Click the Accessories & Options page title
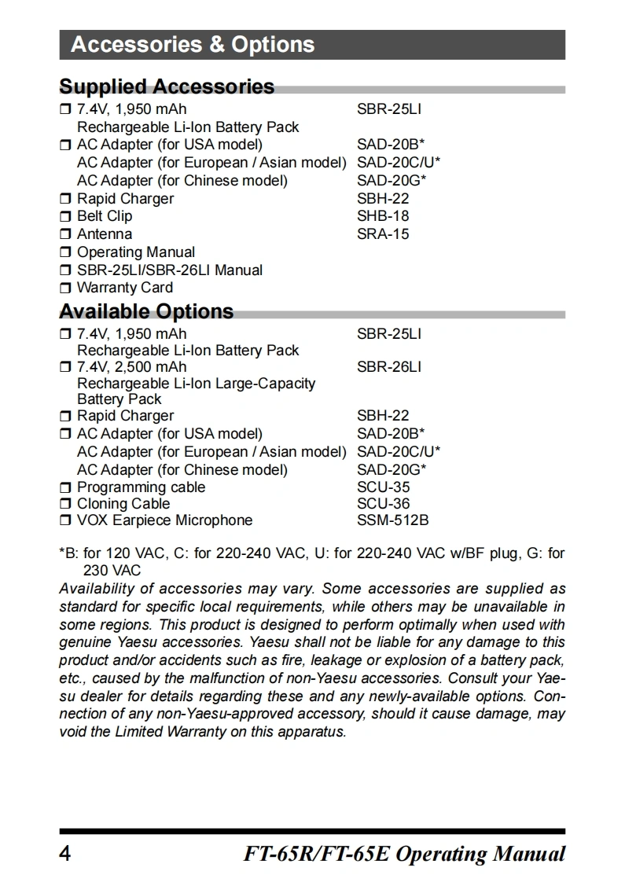point(193,45)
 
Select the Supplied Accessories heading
point(167,86)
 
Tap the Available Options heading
point(146,311)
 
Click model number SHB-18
point(383,216)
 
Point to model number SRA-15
point(383,234)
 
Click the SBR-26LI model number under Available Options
point(388,367)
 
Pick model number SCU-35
point(383,487)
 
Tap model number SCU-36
point(383,504)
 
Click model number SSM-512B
point(392,520)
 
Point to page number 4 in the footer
point(65,854)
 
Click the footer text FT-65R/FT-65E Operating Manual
point(404,854)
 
